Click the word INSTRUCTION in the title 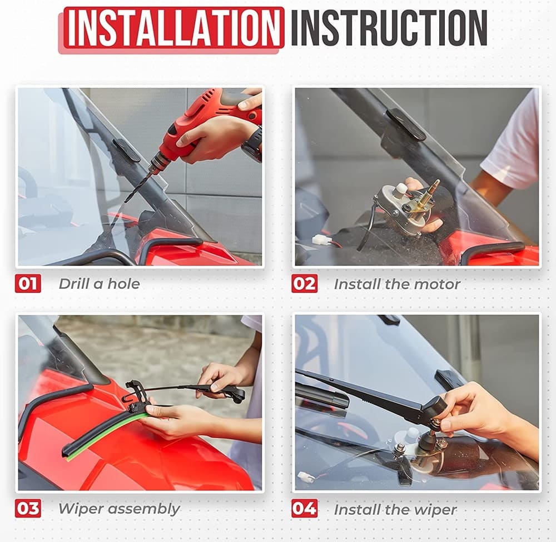[x=389, y=28]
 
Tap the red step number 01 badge [x=28, y=283]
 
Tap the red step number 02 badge [x=304, y=283]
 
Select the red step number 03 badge [x=28, y=508]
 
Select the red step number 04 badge [x=304, y=508]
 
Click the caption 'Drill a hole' [x=99, y=284]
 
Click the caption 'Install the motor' [x=397, y=284]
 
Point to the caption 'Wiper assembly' [x=119, y=509]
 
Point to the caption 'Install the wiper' [x=395, y=509]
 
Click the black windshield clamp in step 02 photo [x=406, y=123]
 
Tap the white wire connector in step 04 [x=307, y=476]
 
